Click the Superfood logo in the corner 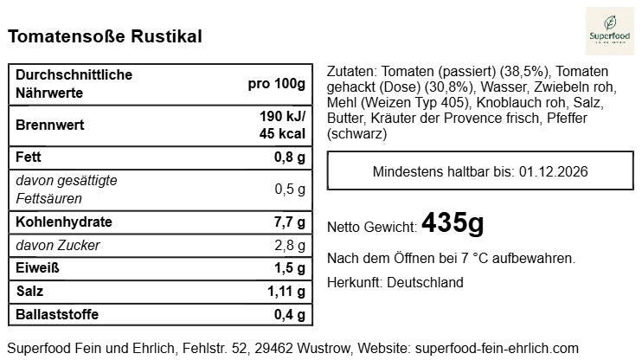click(609, 32)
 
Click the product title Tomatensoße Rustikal click(105, 36)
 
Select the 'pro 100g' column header click(276, 84)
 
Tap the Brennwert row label click(50, 125)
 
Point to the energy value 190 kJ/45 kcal click(282, 125)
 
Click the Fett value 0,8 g click(290, 158)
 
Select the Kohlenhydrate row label click(64, 222)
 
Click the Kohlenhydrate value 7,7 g click(290, 222)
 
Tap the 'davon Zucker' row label click(58, 246)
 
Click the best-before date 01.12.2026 click(554, 171)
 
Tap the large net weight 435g click(453, 224)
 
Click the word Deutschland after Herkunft click(425, 282)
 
